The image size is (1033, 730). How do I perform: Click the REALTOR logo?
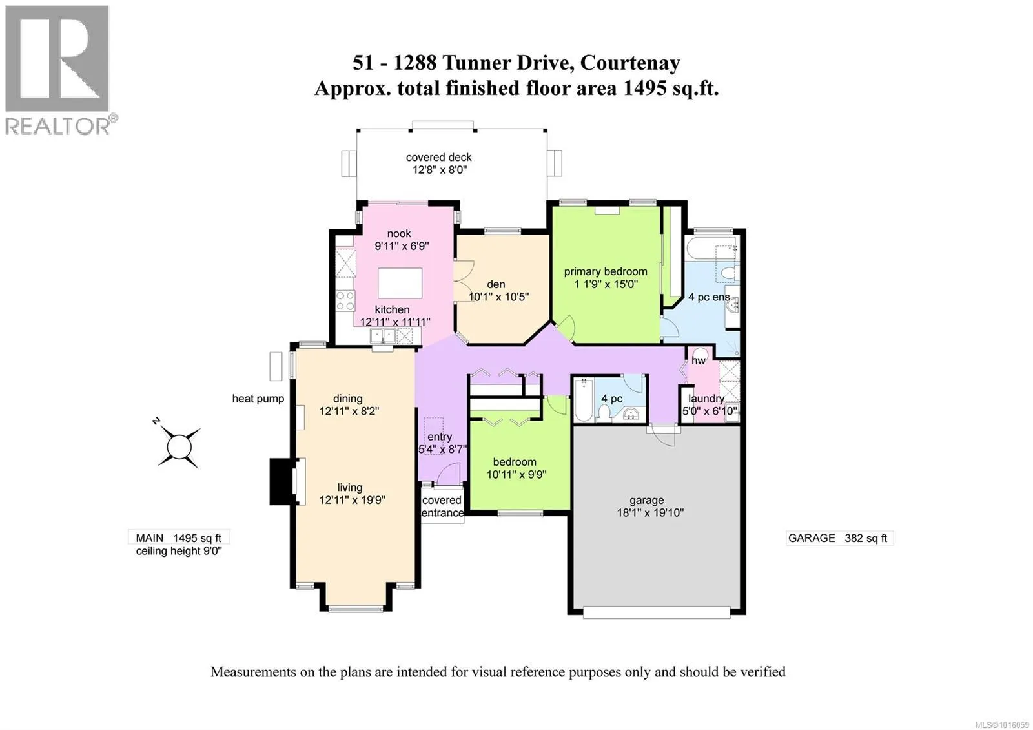point(61,70)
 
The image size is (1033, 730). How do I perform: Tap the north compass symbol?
point(178,445)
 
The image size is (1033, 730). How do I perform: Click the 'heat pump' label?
point(258,399)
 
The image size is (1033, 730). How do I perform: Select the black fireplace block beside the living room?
point(281,481)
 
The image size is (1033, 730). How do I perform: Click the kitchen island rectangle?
point(400,284)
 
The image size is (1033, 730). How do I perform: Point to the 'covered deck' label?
point(438,158)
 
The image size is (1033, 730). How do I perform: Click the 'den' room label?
point(496,284)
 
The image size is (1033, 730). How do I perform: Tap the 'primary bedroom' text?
point(606,272)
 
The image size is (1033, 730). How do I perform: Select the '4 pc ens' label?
point(709,297)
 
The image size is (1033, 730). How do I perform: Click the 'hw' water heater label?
point(698,360)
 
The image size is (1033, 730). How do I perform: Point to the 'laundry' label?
point(706,399)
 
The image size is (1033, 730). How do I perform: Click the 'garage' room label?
point(646,500)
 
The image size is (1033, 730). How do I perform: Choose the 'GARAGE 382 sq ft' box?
point(839,538)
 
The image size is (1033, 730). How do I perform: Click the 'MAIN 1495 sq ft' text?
point(178,538)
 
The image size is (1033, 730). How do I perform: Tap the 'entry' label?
point(439,437)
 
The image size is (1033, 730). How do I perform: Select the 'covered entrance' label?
point(442,506)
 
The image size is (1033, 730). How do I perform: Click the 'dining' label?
point(348,399)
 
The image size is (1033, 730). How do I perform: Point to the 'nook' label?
point(399,234)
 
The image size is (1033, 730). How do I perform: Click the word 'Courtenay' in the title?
point(630,63)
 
